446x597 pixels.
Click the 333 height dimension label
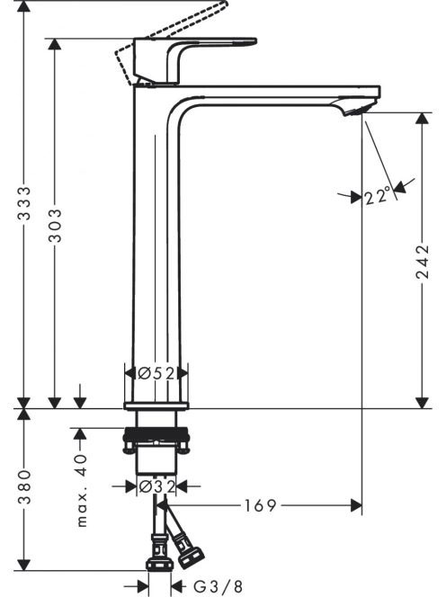click(x=24, y=203)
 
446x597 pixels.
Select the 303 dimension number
click(x=55, y=225)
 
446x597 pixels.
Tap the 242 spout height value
click(x=422, y=262)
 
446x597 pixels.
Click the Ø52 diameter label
click(x=156, y=373)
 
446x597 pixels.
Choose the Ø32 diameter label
click(x=157, y=486)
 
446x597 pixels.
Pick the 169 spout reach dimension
click(x=260, y=505)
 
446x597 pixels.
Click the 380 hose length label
click(x=24, y=487)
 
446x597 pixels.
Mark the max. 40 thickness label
click(x=82, y=490)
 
